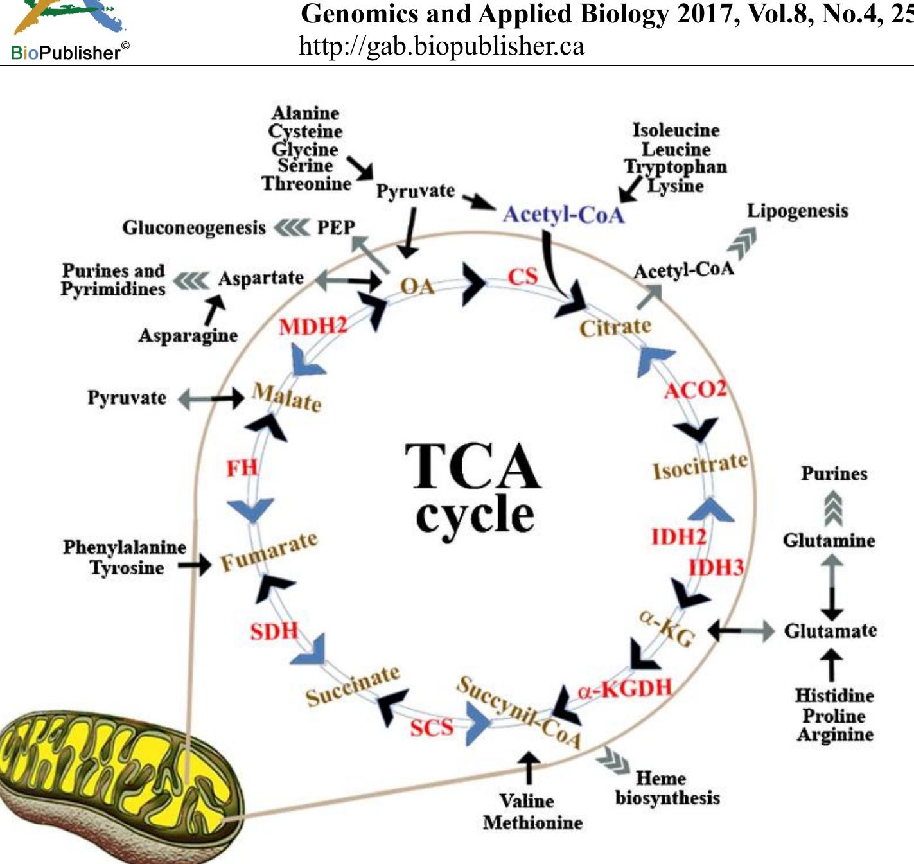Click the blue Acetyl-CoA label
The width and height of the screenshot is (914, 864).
[x=563, y=214]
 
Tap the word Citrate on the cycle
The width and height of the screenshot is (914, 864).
[x=615, y=327]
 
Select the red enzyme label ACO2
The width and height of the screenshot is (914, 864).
[x=695, y=389]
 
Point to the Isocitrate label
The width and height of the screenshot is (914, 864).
[x=700, y=466]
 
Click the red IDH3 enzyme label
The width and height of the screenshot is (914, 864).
[x=716, y=567]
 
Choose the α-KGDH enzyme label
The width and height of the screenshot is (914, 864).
[x=624, y=689]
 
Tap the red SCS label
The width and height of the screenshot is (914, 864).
[x=432, y=727]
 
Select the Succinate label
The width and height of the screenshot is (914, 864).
[x=352, y=685]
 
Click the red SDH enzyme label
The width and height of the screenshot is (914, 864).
[x=274, y=631]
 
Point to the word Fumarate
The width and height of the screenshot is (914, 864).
[x=269, y=551]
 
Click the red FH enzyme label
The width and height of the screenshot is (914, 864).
[x=242, y=468]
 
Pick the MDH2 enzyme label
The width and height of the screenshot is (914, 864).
[x=313, y=326]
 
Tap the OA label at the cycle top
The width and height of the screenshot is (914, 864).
[x=417, y=286]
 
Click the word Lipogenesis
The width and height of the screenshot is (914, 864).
[x=797, y=211]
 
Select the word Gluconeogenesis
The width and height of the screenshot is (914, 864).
[x=193, y=227]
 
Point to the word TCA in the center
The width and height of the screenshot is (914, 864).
[x=473, y=466]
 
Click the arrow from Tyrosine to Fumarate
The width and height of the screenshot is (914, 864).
[x=194, y=565]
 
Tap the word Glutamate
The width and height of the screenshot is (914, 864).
[x=830, y=631]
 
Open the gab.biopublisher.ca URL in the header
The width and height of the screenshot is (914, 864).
[x=441, y=46]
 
